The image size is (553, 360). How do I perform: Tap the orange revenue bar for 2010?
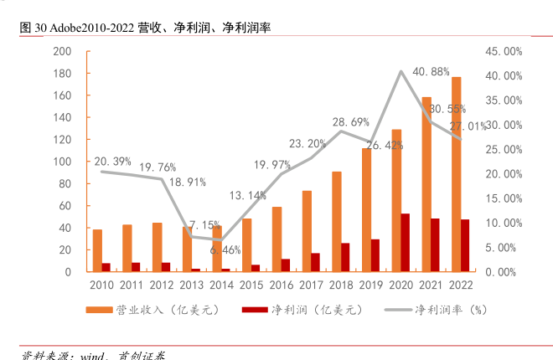[97, 250]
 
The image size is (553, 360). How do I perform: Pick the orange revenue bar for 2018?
[336, 222]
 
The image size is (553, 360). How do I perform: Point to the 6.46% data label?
[225, 250]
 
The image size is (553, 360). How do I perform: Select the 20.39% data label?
[112, 162]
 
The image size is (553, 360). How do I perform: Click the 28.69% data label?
[350, 122]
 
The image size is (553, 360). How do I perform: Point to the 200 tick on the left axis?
[61, 51]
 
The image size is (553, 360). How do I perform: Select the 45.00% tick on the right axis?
[506, 51]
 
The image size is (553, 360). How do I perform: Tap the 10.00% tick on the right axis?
[506, 224]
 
